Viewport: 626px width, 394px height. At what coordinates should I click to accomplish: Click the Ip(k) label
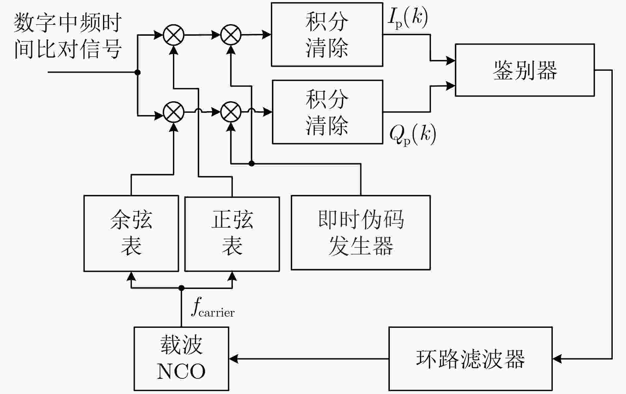pos(408,18)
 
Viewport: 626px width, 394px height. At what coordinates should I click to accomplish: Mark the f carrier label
pos(213,308)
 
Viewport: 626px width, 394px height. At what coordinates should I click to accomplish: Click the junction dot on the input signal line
pos(138,72)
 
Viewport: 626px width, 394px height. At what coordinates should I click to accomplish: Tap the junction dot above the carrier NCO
pos(181,288)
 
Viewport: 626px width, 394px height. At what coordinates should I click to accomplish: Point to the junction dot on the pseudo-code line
pos(252,163)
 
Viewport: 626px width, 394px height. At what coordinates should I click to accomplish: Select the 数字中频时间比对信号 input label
pos(68,36)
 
